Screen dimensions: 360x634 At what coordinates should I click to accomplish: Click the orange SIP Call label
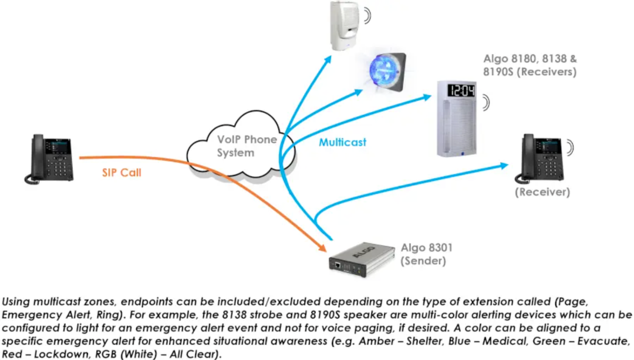click(122, 173)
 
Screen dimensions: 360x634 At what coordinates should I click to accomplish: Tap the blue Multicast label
click(342, 142)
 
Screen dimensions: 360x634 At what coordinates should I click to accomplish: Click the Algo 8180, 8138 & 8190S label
click(530, 65)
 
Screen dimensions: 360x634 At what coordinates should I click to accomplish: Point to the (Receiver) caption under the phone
click(542, 192)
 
